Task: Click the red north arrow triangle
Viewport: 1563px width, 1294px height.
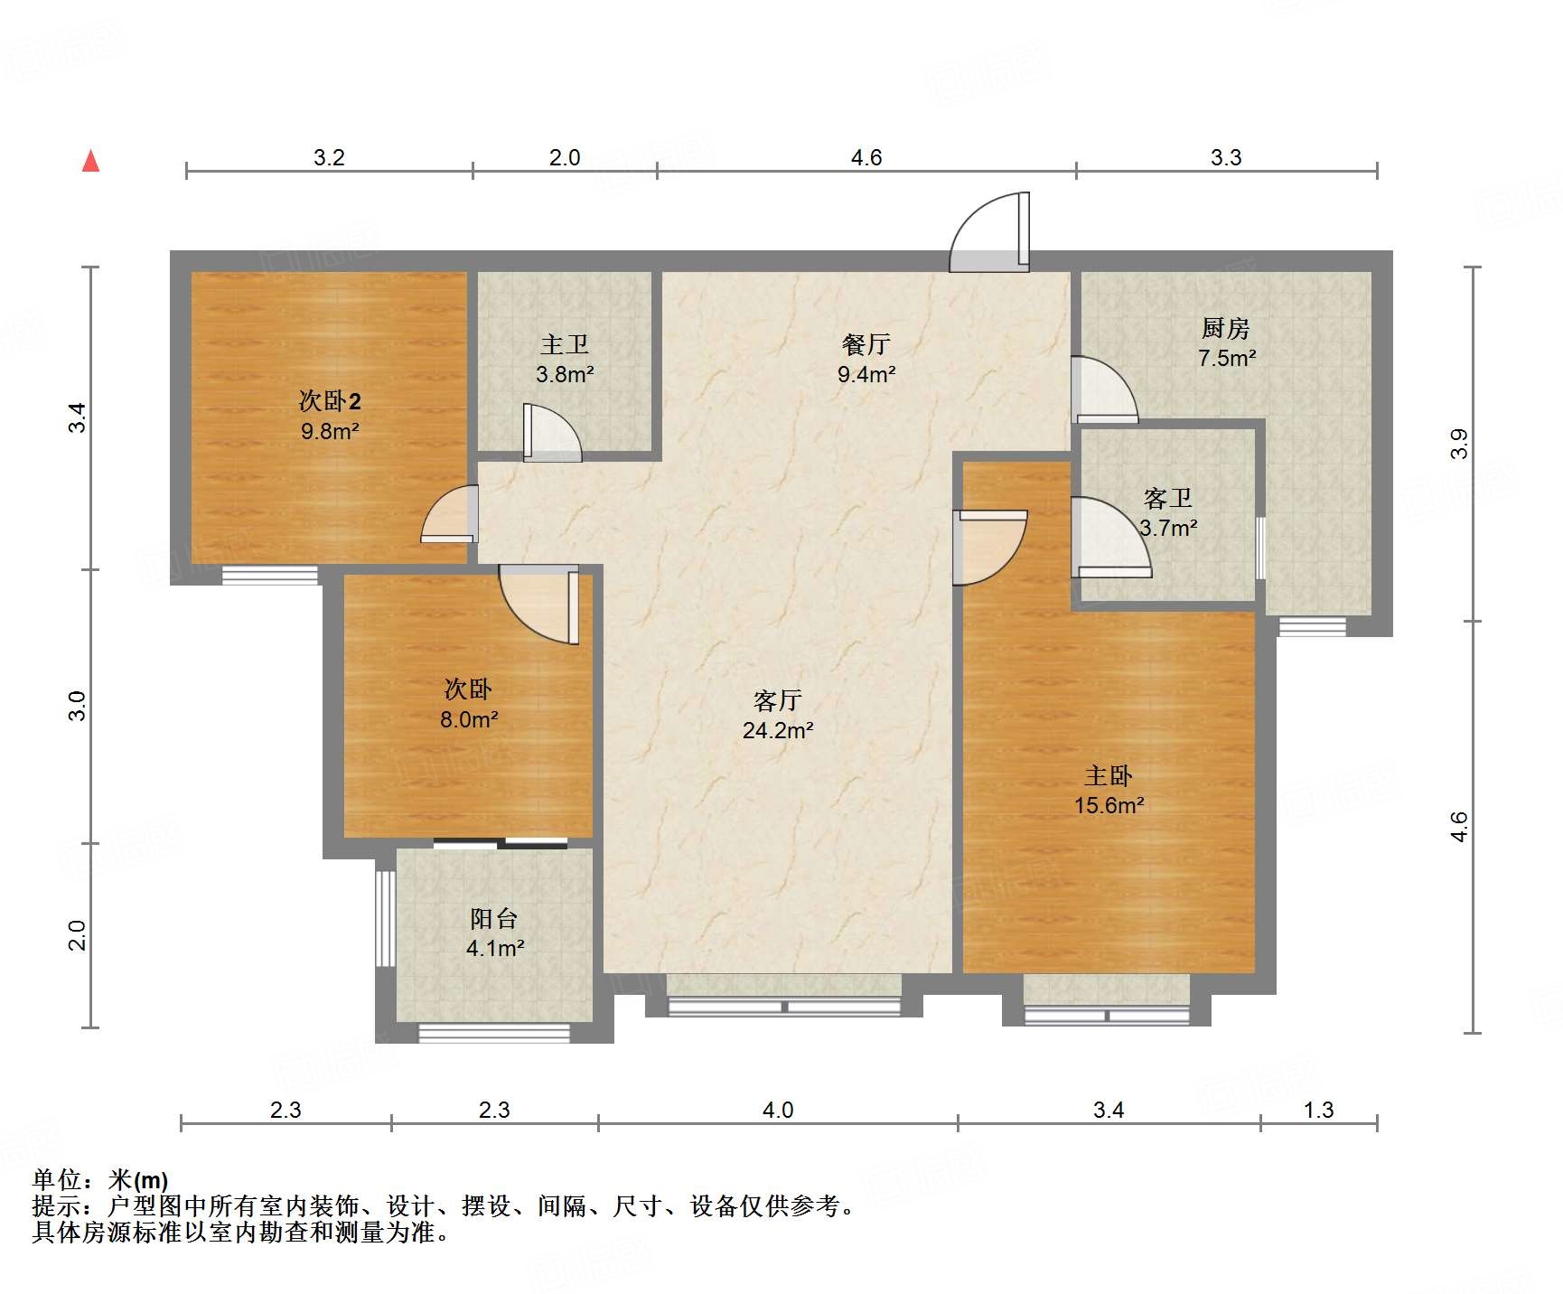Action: coord(90,162)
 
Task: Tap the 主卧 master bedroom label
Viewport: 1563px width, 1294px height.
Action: coord(1108,775)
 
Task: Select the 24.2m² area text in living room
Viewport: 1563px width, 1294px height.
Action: coord(778,730)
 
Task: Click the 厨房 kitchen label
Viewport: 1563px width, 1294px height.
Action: coord(1225,327)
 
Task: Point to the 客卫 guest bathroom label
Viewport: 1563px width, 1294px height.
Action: coord(1167,498)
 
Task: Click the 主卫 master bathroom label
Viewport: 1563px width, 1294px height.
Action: coord(565,344)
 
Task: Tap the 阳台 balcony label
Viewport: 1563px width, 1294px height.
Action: coord(494,919)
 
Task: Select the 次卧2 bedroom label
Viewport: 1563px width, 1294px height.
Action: coord(330,400)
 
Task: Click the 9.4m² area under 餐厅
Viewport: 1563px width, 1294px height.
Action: coord(866,374)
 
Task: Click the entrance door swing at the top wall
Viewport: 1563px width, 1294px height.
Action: coord(990,233)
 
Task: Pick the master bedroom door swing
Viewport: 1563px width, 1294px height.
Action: coord(989,547)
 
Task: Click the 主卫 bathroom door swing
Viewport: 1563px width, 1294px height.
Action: coord(551,433)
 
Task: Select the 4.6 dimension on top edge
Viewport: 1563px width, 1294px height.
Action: coord(866,158)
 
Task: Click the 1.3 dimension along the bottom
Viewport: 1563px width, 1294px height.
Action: coord(1318,1110)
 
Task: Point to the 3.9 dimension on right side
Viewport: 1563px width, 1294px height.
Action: coord(1459,444)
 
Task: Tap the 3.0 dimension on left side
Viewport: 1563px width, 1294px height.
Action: coord(78,705)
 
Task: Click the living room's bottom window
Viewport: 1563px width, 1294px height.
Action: coord(784,1006)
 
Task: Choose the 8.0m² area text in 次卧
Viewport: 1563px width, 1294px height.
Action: coord(469,719)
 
